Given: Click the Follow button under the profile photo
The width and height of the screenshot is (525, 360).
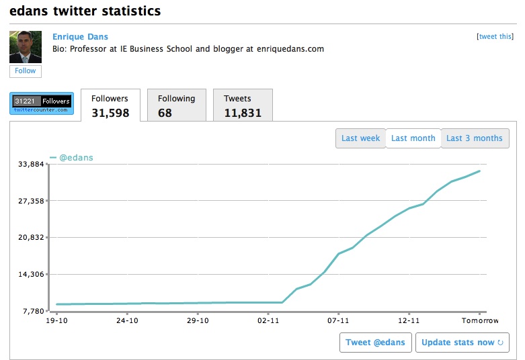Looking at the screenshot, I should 26,71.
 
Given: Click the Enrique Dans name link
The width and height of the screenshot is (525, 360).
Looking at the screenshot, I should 80,37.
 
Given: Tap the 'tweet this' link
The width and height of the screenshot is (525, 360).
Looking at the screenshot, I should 495,37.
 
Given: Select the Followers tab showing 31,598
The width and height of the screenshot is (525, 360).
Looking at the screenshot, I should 110,105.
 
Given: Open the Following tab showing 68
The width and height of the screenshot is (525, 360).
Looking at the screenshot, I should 176,105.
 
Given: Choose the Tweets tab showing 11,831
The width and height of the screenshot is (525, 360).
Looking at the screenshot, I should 242,105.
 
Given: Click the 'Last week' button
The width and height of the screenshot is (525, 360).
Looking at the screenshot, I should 360,138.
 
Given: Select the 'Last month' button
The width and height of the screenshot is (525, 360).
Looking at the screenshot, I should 413,138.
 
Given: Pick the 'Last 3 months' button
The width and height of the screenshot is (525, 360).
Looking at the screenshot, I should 475,138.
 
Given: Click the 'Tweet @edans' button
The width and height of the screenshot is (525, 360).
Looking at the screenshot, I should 375,343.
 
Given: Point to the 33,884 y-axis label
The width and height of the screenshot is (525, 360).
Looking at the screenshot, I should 30,164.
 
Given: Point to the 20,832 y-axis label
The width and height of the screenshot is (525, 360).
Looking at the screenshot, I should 30,238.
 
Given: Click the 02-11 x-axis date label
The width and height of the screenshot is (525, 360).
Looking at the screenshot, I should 268,321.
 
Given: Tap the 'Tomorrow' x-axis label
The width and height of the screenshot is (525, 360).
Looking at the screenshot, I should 479,321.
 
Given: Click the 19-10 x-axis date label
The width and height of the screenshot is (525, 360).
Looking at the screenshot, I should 56,321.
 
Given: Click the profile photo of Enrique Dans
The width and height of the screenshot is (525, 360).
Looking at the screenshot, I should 26,47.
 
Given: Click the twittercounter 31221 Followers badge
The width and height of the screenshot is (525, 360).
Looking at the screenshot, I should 42,103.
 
